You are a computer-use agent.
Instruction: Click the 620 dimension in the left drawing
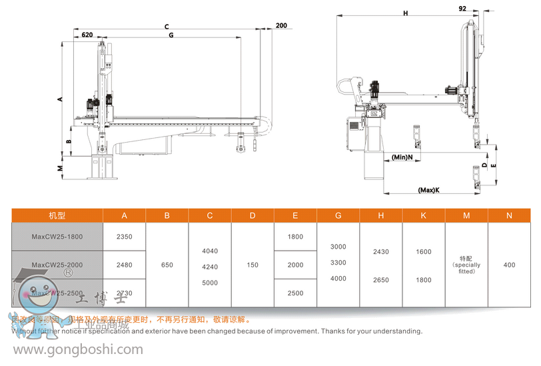[x=87, y=34]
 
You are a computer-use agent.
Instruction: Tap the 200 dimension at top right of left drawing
[x=280, y=25]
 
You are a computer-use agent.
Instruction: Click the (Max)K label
[x=428, y=190]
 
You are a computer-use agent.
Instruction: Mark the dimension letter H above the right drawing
[x=405, y=13]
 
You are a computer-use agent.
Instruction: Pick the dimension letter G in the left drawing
[x=171, y=34]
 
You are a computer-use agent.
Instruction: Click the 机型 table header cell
[x=57, y=215]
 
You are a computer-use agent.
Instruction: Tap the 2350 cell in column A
[x=125, y=237]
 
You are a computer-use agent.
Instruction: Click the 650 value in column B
[x=167, y=265]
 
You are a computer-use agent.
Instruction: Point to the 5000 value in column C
[x=210, y=282]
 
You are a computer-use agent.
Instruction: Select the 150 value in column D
[x=253, y=265]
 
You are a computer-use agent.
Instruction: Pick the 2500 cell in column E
[x=295, y=293]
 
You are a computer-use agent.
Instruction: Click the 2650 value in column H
[x=380, y=280]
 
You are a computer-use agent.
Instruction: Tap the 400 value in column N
[x=509, y=265]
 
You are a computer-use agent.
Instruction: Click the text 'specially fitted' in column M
[x=466, y=268]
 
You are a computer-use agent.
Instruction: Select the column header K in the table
[x=424, y=215]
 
